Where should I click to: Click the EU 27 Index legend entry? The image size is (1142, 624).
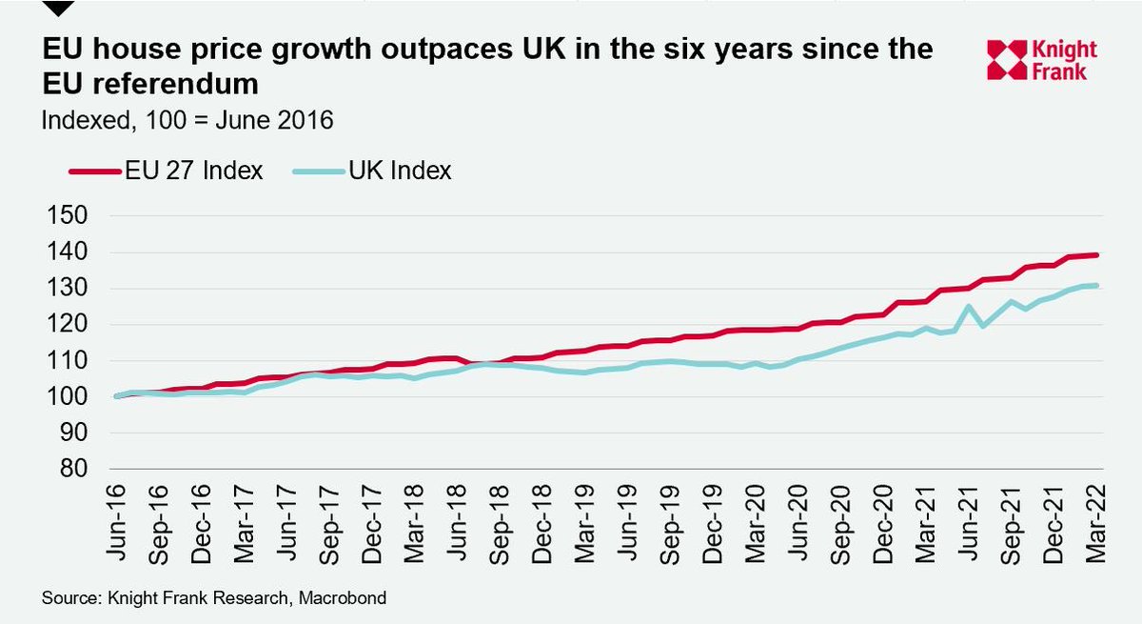pyautogui.click(x=167, y=171)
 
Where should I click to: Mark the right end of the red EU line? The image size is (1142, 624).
pyautogui.click(x=1098, y=254)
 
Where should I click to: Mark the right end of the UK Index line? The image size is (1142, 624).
pyautogui.click(x=1098, y=285)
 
